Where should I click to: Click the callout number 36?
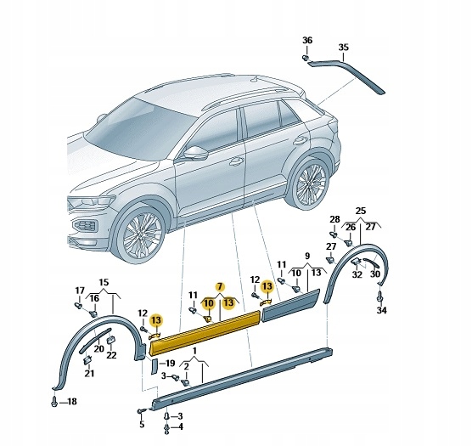(307, 40)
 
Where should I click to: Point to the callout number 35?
(343, 47)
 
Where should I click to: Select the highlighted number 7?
(220, 286)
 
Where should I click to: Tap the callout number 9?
(306, 256)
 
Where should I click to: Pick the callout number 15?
(104, 282)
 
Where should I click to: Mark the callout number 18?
(71, 401)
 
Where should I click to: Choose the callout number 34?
(381, 312)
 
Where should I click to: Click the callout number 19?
(170, 364)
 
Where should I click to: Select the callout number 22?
(110, 354)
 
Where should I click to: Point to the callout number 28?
(334, 219)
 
